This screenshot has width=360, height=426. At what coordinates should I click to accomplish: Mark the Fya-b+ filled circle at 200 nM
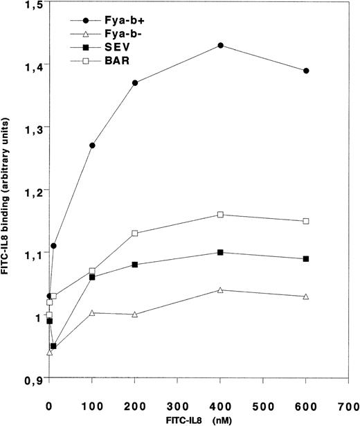point(135,83)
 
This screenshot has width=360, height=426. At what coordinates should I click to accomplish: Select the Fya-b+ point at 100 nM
point(92,145)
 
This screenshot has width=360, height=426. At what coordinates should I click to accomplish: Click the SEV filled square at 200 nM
point(135,265)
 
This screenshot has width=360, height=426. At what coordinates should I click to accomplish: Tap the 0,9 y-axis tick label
point(31,380)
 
